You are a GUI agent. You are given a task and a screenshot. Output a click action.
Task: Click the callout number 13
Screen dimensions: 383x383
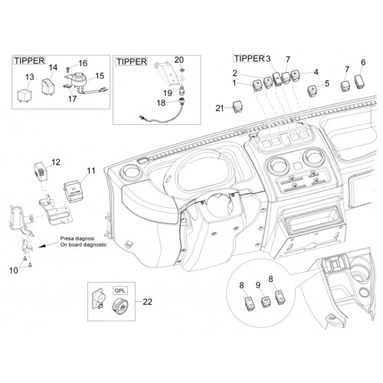coord(29,77)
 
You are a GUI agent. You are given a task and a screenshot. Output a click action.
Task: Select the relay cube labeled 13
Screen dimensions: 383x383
coord(25,95)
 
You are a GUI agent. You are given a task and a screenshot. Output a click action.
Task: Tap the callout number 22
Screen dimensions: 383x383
coord(147,302)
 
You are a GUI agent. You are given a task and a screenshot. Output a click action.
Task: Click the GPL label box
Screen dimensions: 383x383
coord(120,290)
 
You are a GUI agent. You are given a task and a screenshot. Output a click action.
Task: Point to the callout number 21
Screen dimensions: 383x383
coord(220,108)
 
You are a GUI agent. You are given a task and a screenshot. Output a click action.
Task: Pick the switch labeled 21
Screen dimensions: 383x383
coord(237,106)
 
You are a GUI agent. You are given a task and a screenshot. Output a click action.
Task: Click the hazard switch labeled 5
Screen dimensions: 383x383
coord(313,91)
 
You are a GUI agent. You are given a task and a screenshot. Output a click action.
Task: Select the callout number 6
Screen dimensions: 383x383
coord(363,62)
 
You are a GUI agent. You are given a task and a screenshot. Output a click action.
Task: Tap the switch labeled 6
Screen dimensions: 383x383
coord(361,82)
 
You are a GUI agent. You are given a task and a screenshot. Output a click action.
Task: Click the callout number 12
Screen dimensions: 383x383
coord(56,162)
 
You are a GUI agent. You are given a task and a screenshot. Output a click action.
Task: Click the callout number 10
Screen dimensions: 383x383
coord(14,270)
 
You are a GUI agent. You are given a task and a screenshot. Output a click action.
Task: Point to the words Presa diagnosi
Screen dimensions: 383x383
coord(77,238)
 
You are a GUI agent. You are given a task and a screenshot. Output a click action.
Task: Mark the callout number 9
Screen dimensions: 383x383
coord(258,284)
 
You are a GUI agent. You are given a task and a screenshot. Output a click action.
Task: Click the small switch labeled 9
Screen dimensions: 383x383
coord(266,301)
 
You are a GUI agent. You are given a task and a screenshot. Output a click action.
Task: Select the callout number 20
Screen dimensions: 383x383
coord(179,60)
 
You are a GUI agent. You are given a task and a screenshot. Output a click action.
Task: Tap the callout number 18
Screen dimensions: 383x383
coord(161,103)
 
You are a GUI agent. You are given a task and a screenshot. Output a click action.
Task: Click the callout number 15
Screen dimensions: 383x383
coord(100,76)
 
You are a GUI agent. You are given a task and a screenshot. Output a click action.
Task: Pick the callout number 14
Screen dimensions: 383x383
coord(53,67)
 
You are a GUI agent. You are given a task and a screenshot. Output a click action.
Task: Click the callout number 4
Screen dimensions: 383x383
coord(316,72)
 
